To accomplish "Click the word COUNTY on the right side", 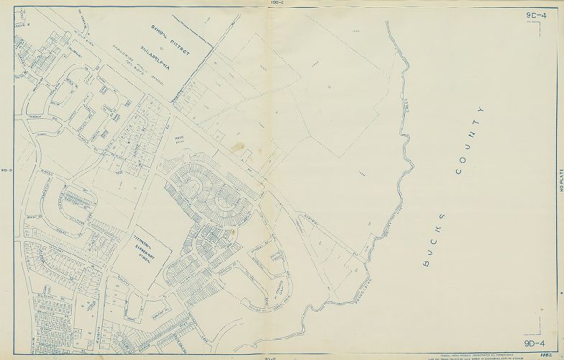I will coord(468,140).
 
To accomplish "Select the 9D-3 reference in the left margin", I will coord(5,171).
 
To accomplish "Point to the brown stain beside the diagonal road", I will coord(237,148).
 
